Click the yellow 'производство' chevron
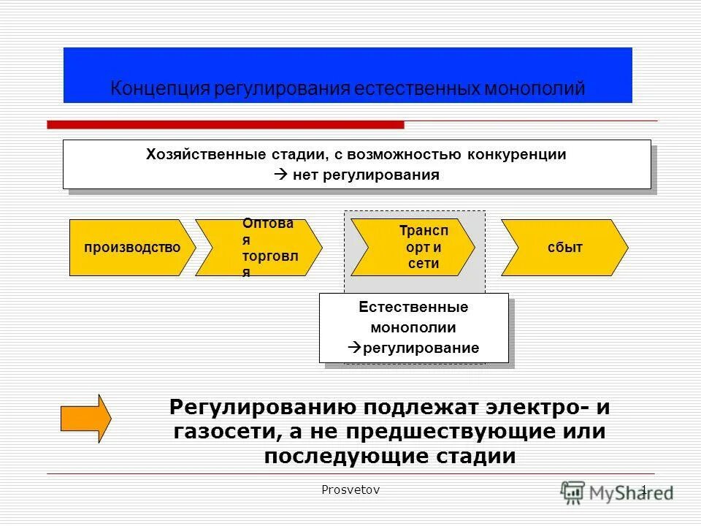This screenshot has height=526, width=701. pos(131,248)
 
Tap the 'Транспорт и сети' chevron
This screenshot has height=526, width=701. pos(413,247)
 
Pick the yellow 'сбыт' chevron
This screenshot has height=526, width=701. pos(564,248)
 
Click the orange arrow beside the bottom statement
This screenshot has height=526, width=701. pos(85,419)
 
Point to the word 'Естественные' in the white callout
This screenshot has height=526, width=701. pos(413,308)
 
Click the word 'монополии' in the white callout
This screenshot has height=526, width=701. pos(413,327)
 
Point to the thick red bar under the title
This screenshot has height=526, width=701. pos(225,125)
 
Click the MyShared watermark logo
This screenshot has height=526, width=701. pos(617,492)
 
